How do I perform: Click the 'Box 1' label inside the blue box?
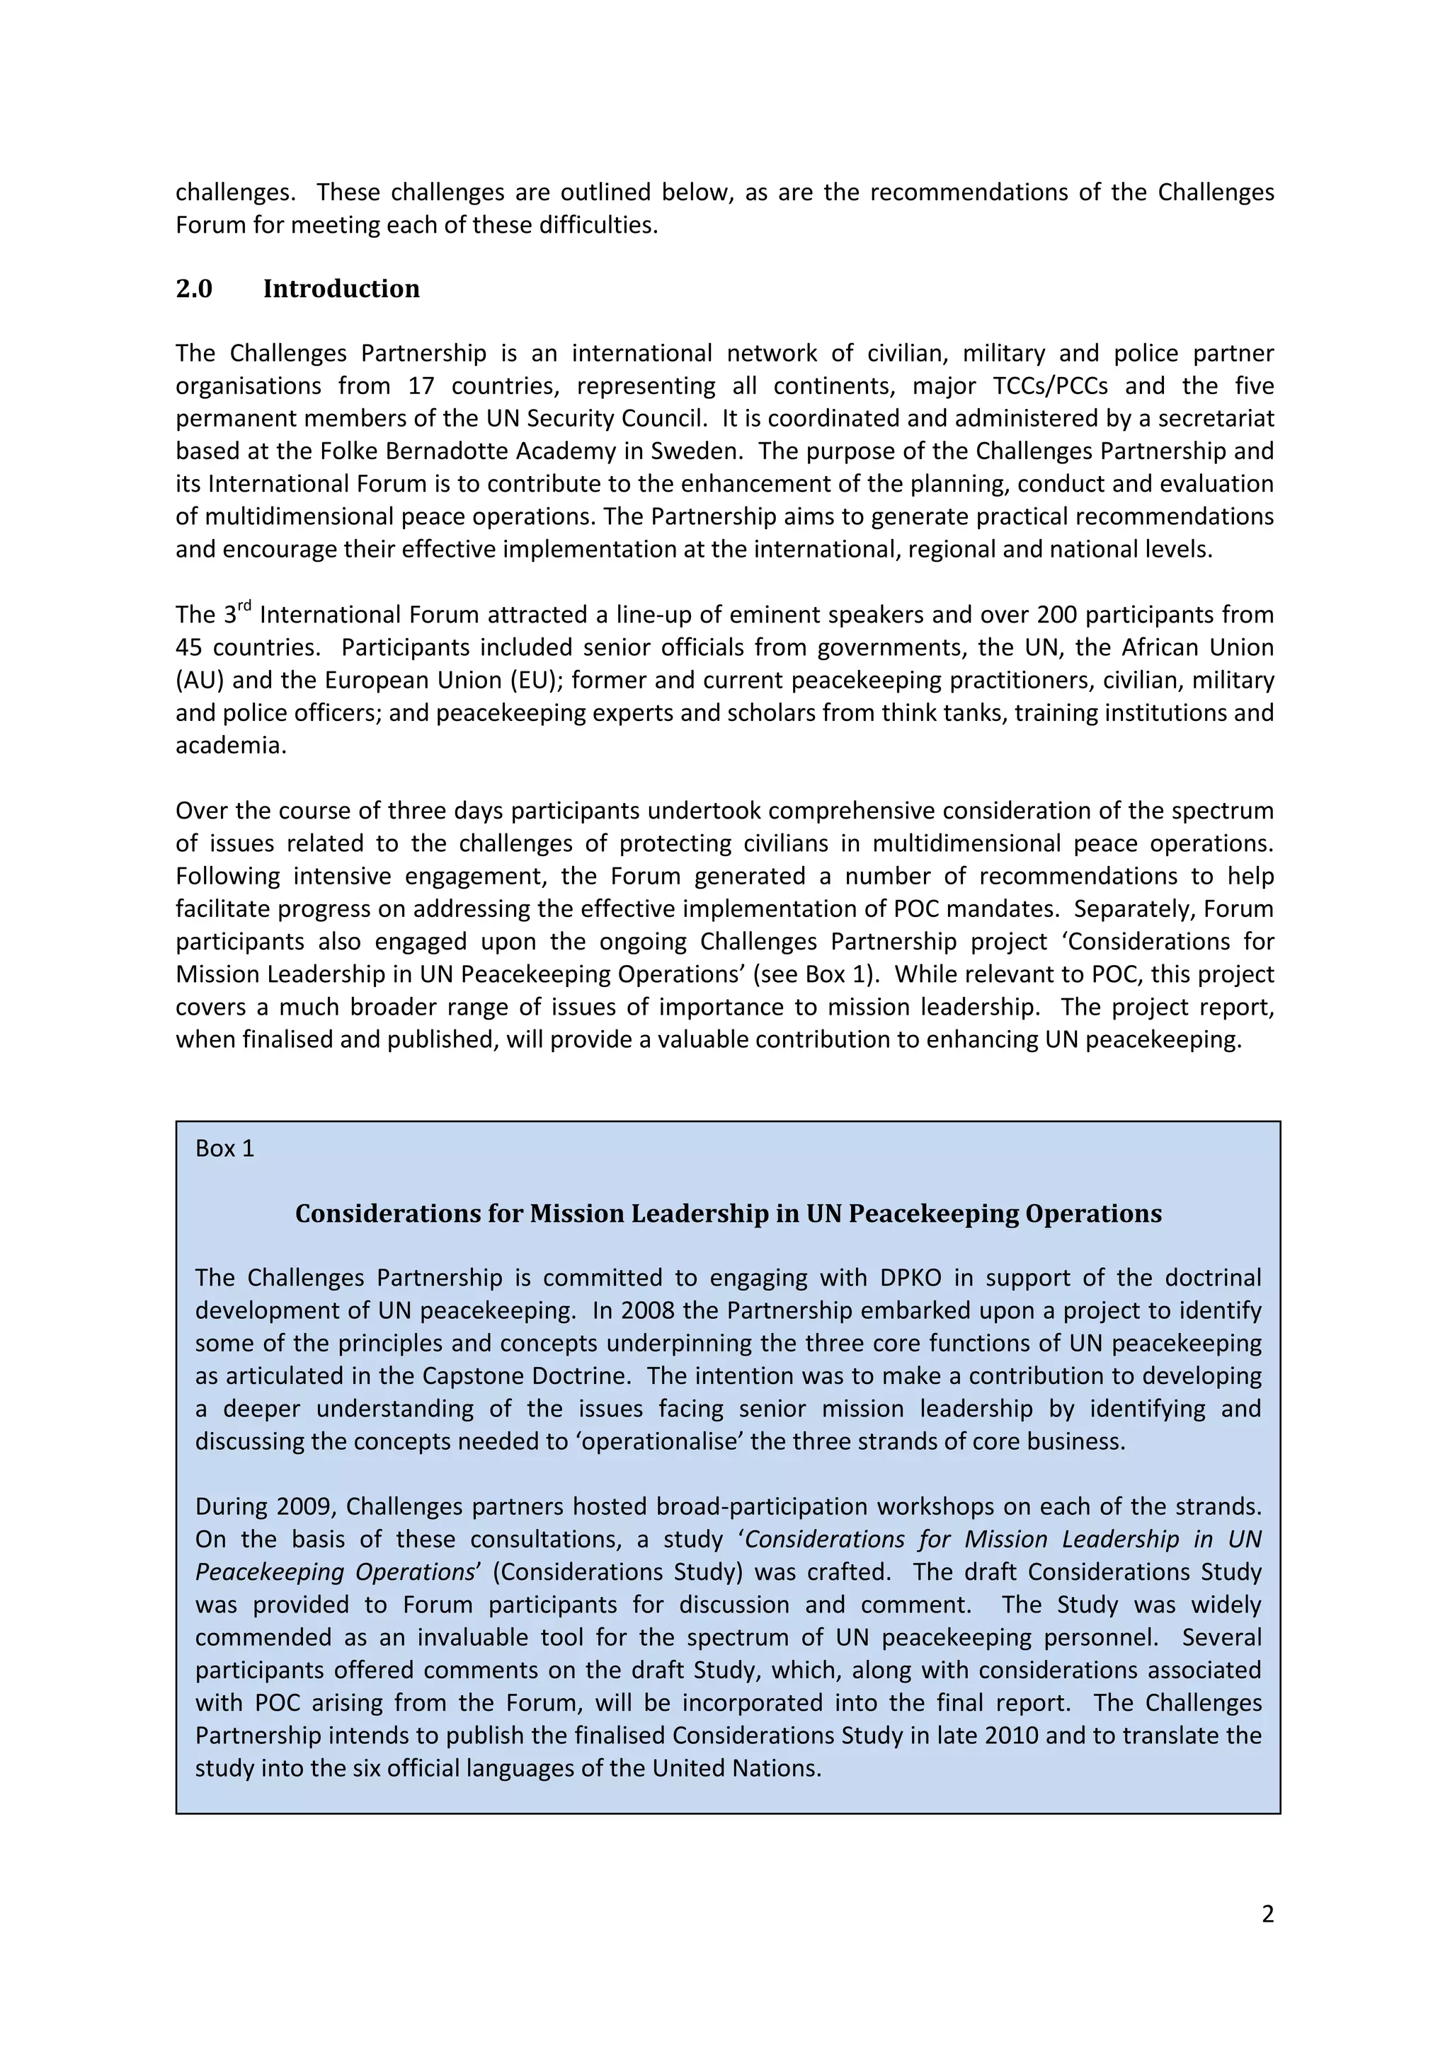224,1148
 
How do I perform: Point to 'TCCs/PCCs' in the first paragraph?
1050,386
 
